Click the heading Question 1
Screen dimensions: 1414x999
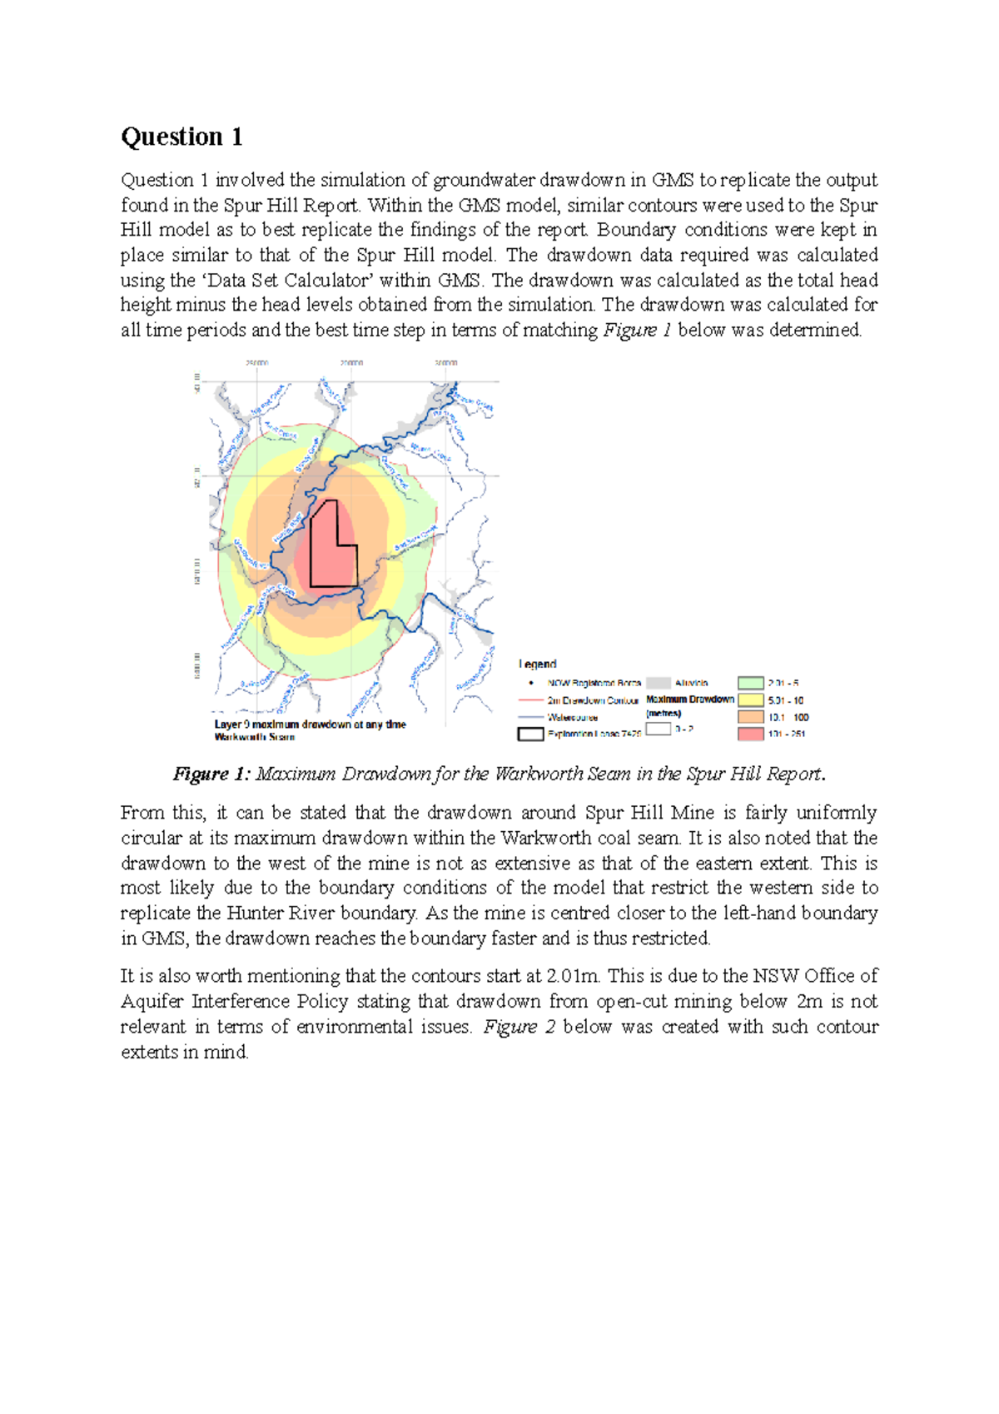[x=181, y=137]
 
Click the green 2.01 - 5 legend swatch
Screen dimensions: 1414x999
[x=750, y=683]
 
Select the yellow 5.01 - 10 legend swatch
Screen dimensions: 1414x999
[x=750, y=700]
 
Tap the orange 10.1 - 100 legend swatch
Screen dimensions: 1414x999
[x=750, y=717]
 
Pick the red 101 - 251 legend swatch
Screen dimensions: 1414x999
[x=750, y=734]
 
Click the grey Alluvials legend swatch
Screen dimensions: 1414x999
[x=658, y=683]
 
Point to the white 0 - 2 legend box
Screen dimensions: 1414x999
[x=658, y=729]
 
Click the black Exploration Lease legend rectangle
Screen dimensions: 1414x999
[x=530, y=734]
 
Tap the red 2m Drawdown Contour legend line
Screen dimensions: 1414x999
[x=530, y=700]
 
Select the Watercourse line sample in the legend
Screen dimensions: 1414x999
[x=530, y=717]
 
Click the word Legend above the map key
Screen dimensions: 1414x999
[x=537, y=664]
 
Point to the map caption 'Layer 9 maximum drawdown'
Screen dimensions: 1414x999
[x=310, y=724]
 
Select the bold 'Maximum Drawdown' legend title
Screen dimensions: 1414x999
[x=689, y=700]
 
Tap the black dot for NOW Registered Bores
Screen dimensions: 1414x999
[x=531, y=683]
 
